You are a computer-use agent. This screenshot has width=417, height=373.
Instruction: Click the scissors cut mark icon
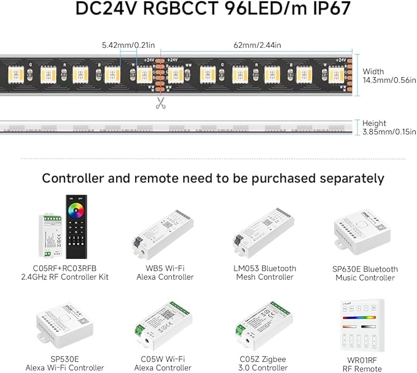161,103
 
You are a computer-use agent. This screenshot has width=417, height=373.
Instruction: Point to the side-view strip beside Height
178,128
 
